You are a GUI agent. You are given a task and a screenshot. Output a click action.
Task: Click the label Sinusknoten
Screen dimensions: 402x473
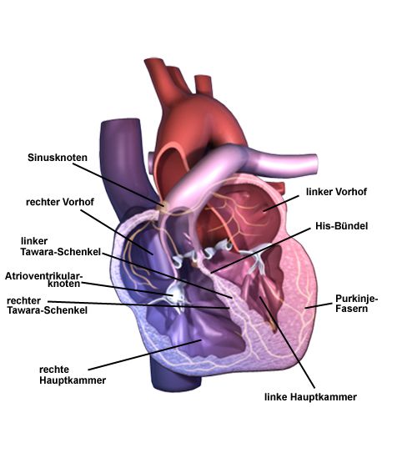[58, 158]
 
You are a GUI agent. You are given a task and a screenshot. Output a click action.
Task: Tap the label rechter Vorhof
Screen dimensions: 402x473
[60, 202]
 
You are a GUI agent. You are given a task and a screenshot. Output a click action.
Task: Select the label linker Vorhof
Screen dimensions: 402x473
[336, 192]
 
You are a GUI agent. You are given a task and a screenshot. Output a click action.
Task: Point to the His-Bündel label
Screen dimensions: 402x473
[341, 226]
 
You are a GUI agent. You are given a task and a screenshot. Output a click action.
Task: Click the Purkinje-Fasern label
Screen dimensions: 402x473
[356, 304]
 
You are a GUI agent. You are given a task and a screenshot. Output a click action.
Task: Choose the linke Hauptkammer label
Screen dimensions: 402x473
[310, 397]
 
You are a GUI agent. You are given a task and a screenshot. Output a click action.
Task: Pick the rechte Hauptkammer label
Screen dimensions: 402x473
[73, 375]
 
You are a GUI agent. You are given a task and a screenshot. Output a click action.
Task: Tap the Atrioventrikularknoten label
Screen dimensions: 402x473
[43, 279]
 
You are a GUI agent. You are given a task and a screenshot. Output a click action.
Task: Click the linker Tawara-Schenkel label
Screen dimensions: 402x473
[60, 246]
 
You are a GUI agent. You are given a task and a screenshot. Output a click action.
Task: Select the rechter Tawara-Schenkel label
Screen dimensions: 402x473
[47, 305]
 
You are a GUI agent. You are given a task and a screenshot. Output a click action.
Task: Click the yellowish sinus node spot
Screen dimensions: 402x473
[163, 207]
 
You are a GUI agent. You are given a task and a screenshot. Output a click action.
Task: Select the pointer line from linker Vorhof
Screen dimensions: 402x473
[281, 204]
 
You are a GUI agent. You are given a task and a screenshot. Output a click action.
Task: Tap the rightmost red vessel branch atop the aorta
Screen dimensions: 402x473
[204, 85]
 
